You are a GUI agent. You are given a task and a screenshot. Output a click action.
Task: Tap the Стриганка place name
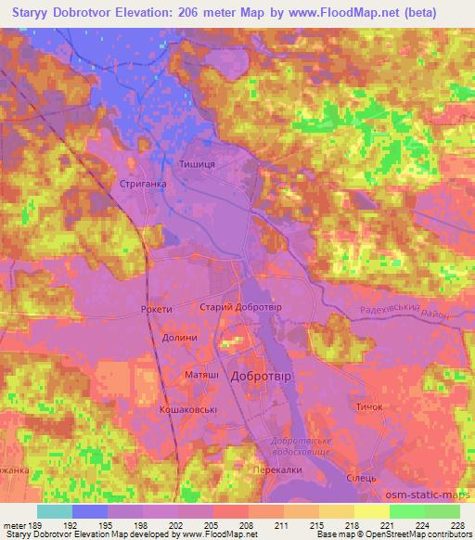143,184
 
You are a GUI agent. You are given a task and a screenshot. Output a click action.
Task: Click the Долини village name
179,338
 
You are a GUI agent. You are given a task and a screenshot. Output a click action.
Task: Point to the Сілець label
360,477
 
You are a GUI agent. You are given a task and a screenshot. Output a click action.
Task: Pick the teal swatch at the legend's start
55,511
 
